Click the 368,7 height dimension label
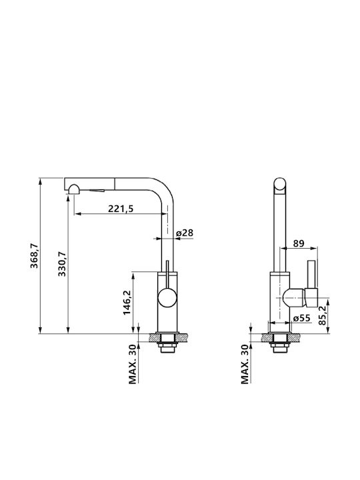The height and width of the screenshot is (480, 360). [34, 255]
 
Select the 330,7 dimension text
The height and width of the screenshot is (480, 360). [62, 264]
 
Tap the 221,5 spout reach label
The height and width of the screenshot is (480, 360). [121, 209]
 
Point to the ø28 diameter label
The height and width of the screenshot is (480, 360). [185, 233]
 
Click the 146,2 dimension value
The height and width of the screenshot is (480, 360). [127, 303]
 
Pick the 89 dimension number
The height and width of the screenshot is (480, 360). [299, 243]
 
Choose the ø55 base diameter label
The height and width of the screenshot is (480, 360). [302, 319]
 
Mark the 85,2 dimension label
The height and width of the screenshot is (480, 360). [323, 315]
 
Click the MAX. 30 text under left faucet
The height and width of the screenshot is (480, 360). [132, 364]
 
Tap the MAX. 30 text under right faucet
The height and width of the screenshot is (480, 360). [244, 364]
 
